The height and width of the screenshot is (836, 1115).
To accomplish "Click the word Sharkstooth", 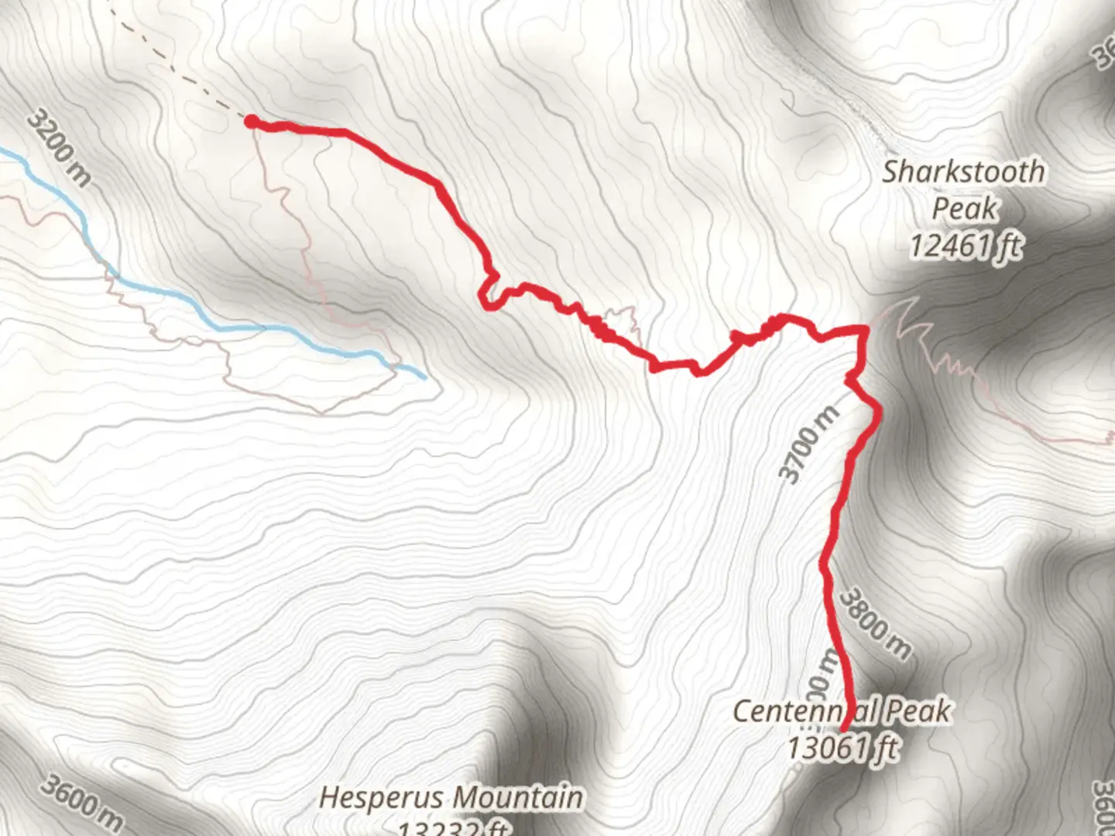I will [x=963, y=172].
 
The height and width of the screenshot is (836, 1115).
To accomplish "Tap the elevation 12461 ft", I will [x=965, y=246].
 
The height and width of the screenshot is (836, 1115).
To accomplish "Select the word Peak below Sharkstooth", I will [x=964, y=208].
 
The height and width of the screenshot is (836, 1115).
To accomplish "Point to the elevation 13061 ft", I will [x=842, y=749].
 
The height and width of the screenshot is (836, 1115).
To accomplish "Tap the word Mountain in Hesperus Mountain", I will [x=518, y=797].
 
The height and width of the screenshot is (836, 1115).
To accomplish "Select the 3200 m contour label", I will [x=59, y=148].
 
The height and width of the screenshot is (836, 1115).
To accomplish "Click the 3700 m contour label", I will [x=808, y=444].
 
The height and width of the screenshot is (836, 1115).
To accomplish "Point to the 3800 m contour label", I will [x=875, y=625].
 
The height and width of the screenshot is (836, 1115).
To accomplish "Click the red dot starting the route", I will [x=252, y=121].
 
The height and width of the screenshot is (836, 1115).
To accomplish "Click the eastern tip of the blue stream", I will [x=424, y=378].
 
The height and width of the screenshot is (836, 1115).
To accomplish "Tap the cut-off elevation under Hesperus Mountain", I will [x=453, y=828].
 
